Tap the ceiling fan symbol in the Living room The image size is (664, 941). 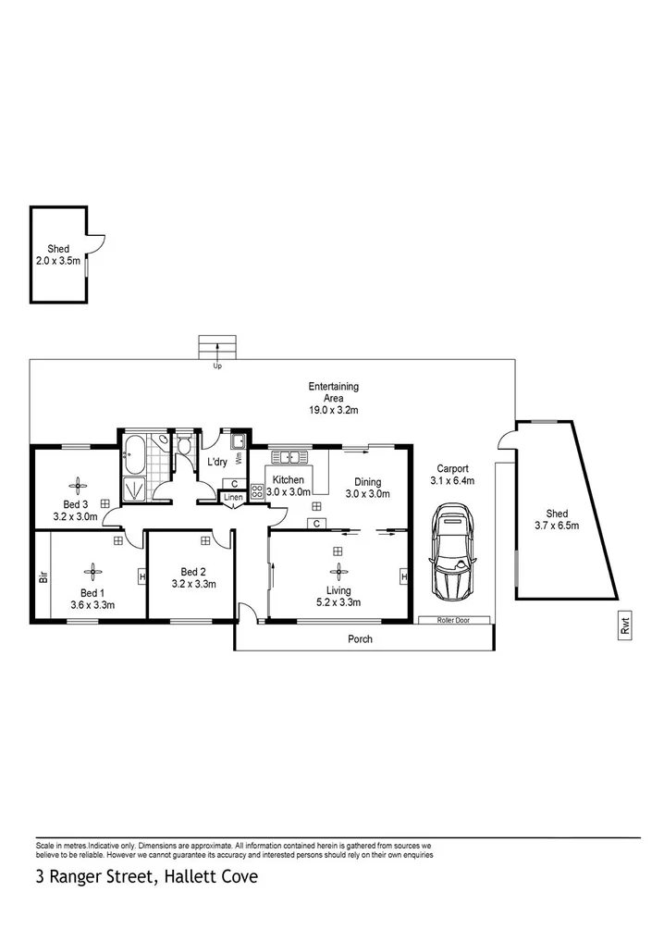point(338,572)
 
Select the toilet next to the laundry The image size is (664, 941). point(184,449)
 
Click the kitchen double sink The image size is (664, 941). point(289,456)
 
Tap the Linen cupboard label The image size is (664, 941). point(233,498)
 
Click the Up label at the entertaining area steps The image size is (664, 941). point(217,366)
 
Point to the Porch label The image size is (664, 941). point(361,639)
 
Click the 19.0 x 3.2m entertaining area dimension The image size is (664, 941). point(334,410)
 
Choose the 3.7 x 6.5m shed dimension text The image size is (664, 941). point(557,526)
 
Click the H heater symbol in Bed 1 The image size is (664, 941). point(141,576)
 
